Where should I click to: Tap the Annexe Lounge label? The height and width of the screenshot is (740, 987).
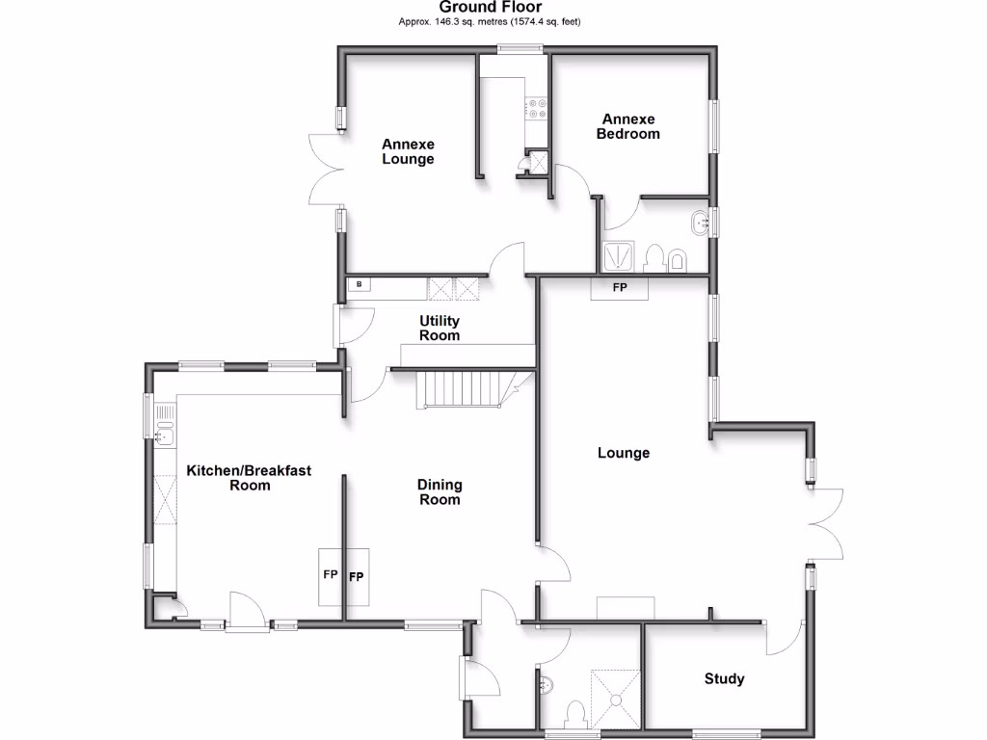(408, 151)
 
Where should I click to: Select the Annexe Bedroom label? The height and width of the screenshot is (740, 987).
(627, 126)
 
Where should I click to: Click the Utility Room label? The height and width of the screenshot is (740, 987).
(439, 328)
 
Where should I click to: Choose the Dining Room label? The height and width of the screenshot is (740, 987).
(439, 491)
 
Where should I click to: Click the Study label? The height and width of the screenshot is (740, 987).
(724, 679)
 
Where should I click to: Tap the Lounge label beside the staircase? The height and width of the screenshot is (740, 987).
(624, 453)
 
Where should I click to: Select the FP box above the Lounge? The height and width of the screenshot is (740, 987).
(619, 288)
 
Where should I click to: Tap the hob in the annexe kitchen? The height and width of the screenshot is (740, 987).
(536, 109)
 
